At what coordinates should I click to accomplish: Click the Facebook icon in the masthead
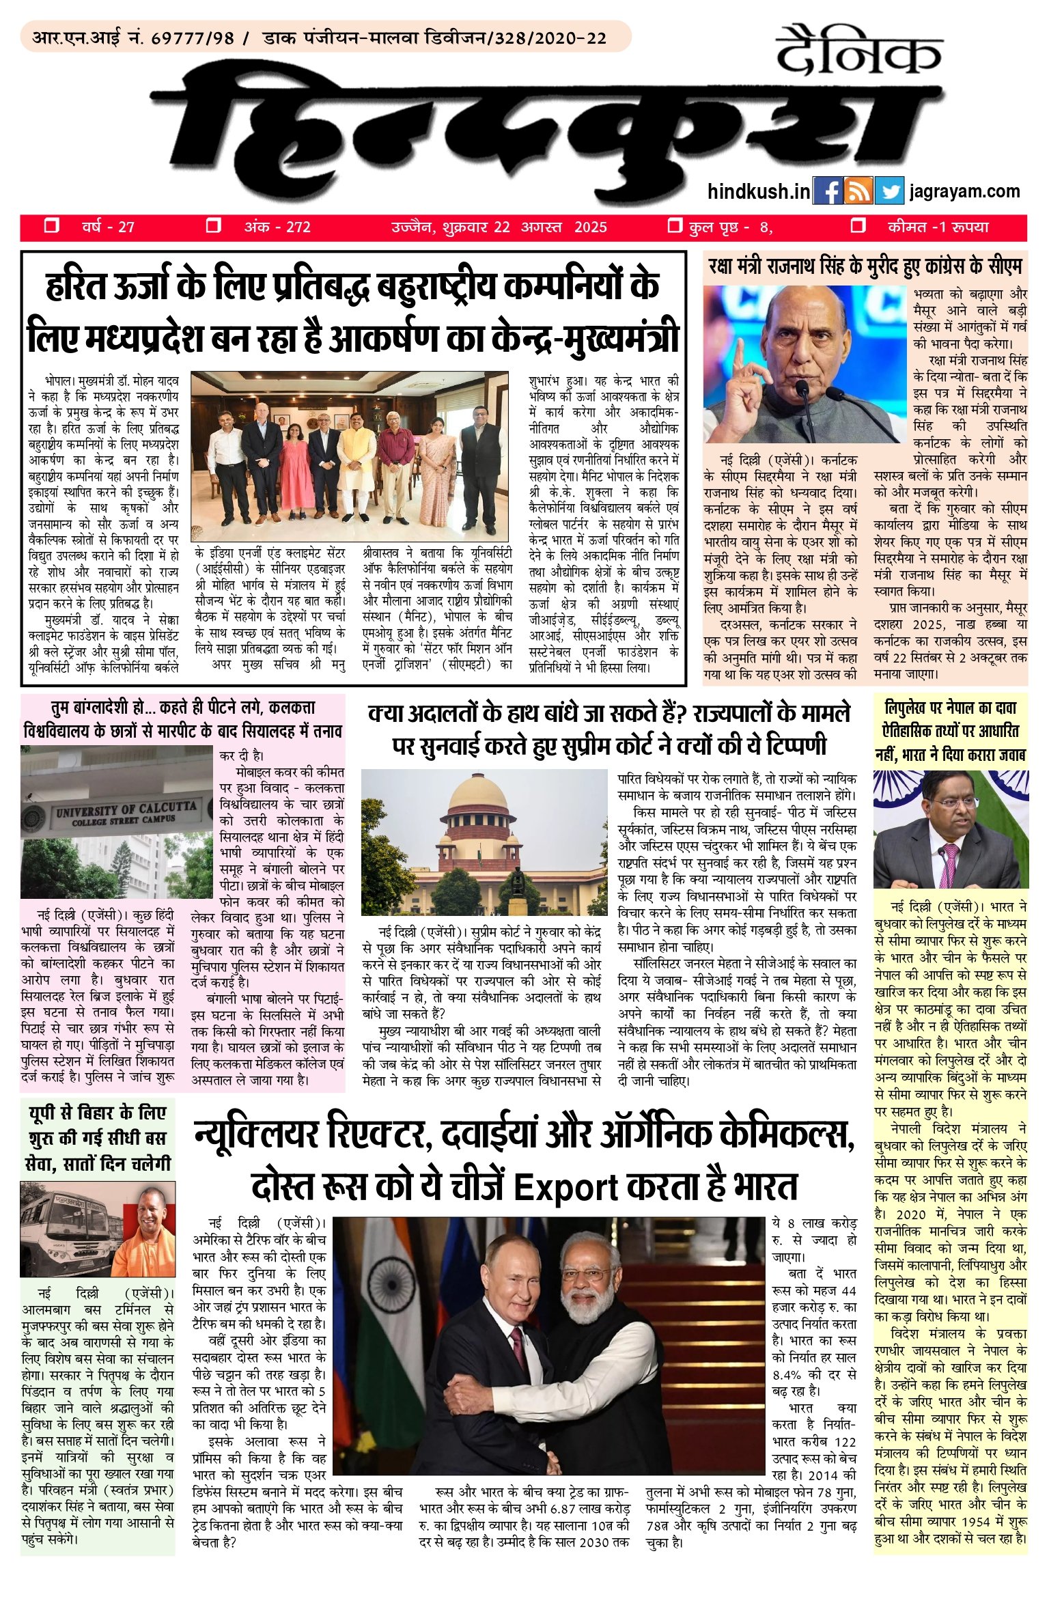pos(828,191)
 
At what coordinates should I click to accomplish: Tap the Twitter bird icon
pos(889,191)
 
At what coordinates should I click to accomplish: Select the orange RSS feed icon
pos(858,191)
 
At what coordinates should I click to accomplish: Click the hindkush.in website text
pos(759,191)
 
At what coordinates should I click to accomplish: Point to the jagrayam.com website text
pos(964,191)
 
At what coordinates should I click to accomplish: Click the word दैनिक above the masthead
pos(858,52)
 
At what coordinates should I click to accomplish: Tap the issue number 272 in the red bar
pos(298,227)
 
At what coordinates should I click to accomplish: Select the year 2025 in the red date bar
pos(591,227)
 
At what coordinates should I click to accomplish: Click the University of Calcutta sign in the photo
pos(126,812)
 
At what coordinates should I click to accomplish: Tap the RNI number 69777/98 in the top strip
pos(192,38)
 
